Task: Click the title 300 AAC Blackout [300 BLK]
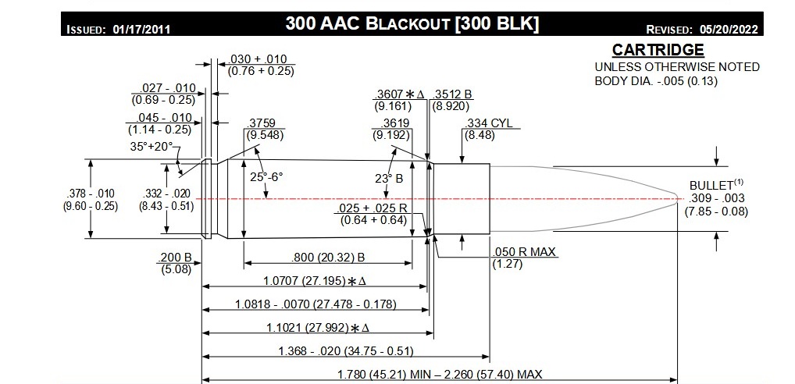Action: coord(412,23)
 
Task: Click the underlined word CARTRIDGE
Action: coord(658,51)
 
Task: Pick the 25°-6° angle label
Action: coord(266,177)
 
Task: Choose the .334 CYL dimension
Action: coord(488,123)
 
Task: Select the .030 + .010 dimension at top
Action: coord(260,59)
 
